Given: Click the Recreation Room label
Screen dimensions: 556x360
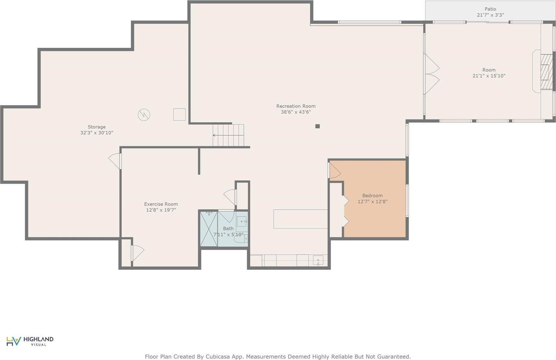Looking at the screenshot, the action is (x=296, y=106).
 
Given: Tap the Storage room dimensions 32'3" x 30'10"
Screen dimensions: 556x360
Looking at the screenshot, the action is (x=97, y=133).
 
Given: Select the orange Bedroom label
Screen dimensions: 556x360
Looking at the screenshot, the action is (x=372, y=195).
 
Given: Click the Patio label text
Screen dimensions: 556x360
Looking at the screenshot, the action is (x=490, y=9).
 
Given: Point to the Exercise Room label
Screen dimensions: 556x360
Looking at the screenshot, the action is (x=161, y=204).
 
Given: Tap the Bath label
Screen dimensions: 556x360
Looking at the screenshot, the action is (x=228, y=228).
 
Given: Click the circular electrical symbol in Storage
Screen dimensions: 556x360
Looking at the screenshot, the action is (x=144, y=115).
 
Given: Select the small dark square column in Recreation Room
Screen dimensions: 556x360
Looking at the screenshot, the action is (x=318, y=126).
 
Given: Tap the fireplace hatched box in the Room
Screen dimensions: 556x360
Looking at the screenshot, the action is (x=547, y=72).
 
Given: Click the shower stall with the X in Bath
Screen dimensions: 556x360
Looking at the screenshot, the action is (x=209, y=229).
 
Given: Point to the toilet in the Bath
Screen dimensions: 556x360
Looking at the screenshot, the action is (x=241, y=239).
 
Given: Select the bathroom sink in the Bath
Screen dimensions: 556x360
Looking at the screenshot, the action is (x=242, y=221).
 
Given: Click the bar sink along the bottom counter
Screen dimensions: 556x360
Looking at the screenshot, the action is (x=318, y=260).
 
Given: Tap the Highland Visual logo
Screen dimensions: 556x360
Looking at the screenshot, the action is (x=30, y=341).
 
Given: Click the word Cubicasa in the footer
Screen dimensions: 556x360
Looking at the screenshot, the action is (x=216, y=357).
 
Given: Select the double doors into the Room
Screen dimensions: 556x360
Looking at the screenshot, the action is (x=432, y=74).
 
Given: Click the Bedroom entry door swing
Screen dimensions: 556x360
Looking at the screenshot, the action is (x=334, y=170).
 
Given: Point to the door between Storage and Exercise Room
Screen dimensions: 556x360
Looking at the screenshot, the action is (x=115, y=161).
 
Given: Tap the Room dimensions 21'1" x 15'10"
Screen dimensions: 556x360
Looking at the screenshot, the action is (x=489, y=76).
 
